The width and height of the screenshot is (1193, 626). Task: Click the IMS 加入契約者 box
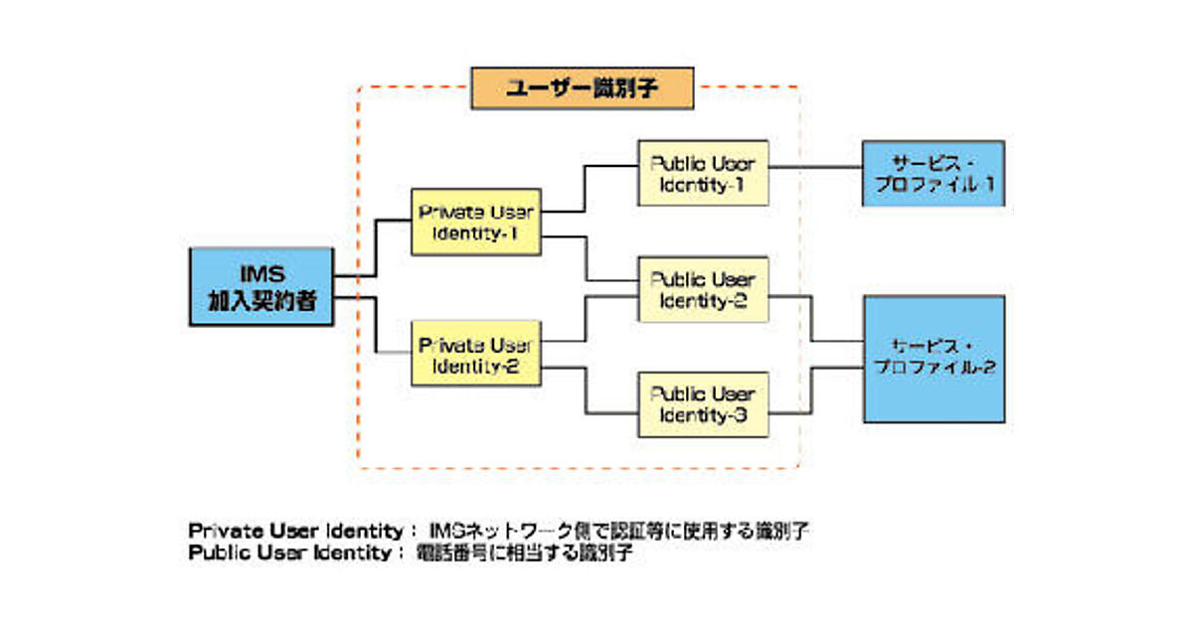(x=260, y=287)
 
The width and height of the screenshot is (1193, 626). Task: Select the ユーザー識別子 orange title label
(x=582, y=87)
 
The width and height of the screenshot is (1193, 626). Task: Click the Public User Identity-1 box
(x=703, y=173)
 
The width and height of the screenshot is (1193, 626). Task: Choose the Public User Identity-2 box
(x=703, y=289)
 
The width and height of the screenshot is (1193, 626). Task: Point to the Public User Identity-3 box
(x=703, y=404)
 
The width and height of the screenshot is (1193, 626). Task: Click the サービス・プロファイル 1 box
(x=933, y=173)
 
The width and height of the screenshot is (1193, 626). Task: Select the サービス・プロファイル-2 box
(x=933, y=358)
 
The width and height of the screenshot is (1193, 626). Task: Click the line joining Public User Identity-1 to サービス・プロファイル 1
(x=815, y=167)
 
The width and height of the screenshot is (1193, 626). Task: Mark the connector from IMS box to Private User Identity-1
(x=376, y=248)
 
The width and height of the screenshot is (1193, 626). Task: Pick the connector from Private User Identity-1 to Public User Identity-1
(x=587, y=189)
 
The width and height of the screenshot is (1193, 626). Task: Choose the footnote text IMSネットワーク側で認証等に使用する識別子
(x=617, y=530)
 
